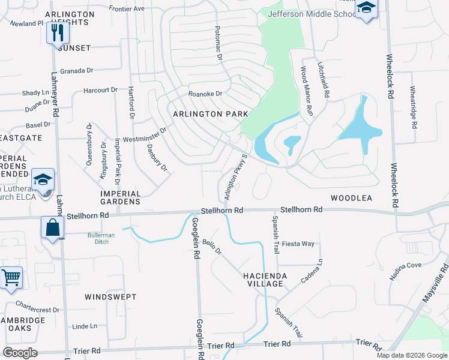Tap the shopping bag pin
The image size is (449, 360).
coord(52,228)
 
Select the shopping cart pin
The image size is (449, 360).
coord(11,278)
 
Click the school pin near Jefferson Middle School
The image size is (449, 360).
coord(365,9)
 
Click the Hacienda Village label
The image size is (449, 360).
coord(266,280)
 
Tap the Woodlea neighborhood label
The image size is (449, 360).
coord(351,197)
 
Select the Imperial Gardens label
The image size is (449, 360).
coord(121,198)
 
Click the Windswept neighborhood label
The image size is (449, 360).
coord(110,297)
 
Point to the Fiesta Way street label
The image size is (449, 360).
coord(298,244)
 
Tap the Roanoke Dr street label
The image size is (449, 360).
coord(205,94)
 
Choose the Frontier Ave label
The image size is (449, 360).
coord(127,9)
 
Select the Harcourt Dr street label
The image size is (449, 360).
coord(100,90)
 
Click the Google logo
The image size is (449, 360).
coord(20,353)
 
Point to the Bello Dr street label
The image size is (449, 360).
coord(212,247)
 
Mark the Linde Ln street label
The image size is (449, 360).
coord(85,326)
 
